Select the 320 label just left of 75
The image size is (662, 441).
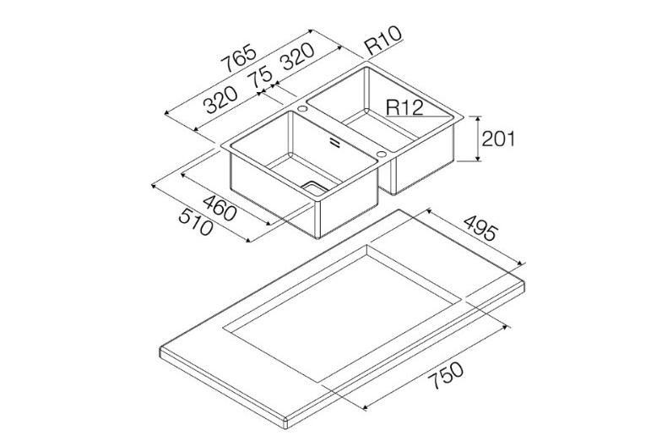220,100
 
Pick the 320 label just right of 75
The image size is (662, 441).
298,56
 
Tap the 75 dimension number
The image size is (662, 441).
260,79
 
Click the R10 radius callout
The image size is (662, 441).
383,41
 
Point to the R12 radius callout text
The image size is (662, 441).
404,107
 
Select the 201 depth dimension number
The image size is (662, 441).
498,139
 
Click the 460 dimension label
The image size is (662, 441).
220,208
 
